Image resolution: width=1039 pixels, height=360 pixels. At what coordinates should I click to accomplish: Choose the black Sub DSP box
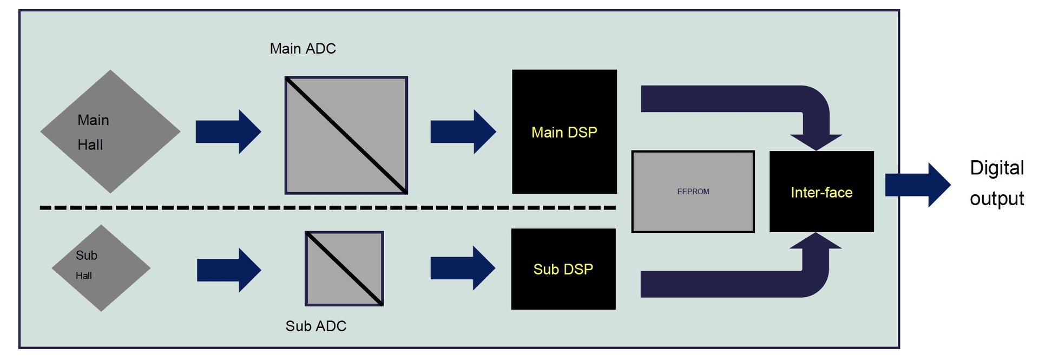click(563, 292)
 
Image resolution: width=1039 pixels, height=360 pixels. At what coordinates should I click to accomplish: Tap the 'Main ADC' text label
click(303, 49)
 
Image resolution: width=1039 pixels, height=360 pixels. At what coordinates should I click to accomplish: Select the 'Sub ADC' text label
click(315, 326)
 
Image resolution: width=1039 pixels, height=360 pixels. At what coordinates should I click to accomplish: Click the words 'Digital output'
click(996, 183)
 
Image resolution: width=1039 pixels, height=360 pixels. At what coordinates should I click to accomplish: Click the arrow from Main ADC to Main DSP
click(463, 132)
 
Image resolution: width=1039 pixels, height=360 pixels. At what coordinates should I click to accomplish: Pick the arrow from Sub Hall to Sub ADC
click(229, 270)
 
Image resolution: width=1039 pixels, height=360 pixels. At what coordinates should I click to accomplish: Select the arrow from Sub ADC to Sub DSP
click(463, 268)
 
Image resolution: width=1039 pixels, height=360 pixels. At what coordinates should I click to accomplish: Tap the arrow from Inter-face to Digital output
click(917, 185)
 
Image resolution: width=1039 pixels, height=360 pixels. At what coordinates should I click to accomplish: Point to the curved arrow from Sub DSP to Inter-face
click(731, 284)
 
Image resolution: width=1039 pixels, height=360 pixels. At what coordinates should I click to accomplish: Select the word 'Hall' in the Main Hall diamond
click(90, 145)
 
